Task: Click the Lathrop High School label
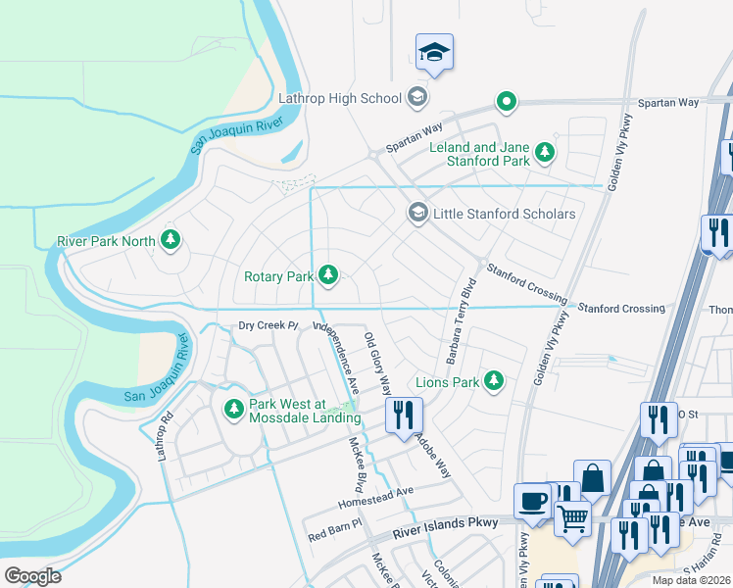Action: [340, 98]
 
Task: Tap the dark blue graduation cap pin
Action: [434, 53]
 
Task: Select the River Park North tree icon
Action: [171, 240]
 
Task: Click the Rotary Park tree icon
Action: [328, 276]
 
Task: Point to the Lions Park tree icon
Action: [494, 381]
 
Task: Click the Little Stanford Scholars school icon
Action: [417, 214]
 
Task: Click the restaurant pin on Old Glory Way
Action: [404, 416]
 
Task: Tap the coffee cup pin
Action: [532, 501]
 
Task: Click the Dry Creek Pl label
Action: [268, 325]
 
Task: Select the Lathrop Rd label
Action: [163, 428]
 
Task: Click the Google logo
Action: [32, 576]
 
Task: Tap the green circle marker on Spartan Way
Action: [506, 100]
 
